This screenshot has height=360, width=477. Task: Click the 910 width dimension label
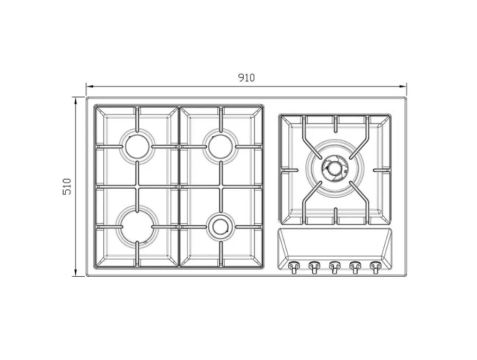pyautogui.click(x=246, y=77)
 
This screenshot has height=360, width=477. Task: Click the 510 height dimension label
pyautogui.click(x=67, y=187)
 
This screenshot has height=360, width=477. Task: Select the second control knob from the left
pyautogui.click(x=313, y=267)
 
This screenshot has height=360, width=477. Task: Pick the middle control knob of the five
pyautogui.click(x=334, y=267)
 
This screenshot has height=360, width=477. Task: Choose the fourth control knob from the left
pyautogui.click(x=355, y=267)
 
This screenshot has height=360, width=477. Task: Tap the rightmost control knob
pyautogui.click(x=375, y=267)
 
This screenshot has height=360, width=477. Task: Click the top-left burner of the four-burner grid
pyautogui.click(x=137, y=146)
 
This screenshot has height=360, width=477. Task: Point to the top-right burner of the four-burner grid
pyautogui.click(x=220, y=146)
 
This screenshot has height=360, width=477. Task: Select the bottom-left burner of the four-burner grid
pyautogui.click(x=137, y=226)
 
